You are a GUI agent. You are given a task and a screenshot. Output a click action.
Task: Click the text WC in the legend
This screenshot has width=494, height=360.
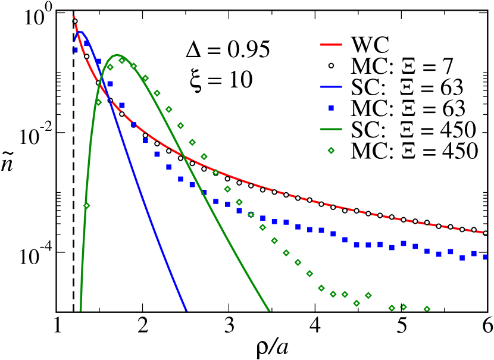tap(370, 45)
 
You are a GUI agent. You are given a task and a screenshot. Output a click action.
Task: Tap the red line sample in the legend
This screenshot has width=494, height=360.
tap(332, 45)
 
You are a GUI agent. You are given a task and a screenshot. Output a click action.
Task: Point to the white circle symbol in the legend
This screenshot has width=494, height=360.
tap(332, 66)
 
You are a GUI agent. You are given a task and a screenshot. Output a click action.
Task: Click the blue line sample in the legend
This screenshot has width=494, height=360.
tap(332, 87)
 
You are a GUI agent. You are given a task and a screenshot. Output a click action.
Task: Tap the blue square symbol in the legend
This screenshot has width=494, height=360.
tap(332, 108)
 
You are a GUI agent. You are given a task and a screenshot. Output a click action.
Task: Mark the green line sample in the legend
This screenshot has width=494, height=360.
tap(332, 130)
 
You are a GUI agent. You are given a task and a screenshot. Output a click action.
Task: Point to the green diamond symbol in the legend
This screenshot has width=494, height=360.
tap(332, 151)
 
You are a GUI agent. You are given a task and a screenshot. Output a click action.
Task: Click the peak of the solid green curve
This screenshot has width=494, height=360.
tap(117, 55)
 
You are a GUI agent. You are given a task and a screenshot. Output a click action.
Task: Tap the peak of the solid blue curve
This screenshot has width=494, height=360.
tap(80, 32)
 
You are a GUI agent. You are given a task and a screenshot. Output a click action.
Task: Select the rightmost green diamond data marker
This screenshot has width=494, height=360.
tap(427, 309)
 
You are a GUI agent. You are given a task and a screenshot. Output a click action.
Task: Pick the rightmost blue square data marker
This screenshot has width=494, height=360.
tap(486, 257)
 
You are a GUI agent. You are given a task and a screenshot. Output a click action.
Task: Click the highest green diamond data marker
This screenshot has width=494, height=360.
tap(122, 60)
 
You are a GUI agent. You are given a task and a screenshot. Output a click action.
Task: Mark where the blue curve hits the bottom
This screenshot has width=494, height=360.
tap(186, 309)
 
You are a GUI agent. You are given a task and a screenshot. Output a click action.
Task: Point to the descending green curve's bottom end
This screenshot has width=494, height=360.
tap(269, 309)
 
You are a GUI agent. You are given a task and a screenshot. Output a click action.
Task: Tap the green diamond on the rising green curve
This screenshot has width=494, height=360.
tap(87, 206)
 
